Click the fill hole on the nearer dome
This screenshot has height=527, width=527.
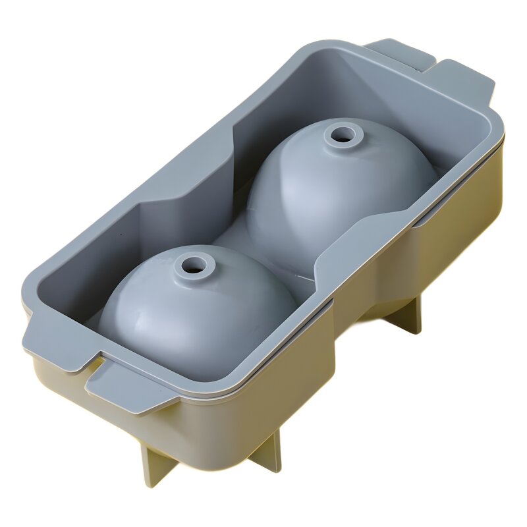(x=194, y=265)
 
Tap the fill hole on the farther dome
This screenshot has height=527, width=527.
(x=341, y=136)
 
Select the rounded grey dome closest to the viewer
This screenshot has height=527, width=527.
(x=198, y=310)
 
